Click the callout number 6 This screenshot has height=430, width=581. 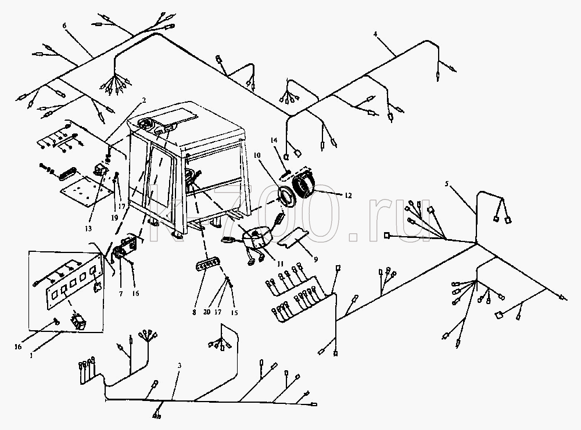[x=64, y=26]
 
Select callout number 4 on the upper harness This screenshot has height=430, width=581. [x=375, y=34]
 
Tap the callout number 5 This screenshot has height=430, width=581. [x=447, y=183]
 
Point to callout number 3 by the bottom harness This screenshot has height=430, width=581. [x=180, y=366]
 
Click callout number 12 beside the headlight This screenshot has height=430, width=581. [x=347, y=195]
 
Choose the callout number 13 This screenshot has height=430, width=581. [x=88, y=229]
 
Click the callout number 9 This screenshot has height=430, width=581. [x=315, y=259]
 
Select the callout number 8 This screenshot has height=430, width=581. [x=194, y=312]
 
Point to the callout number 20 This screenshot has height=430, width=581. [x=207, y=312]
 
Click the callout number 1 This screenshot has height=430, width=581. [x=31, y=356]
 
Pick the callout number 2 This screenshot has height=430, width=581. [x=144, y=100]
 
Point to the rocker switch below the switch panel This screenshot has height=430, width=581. [x=78, y=319]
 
